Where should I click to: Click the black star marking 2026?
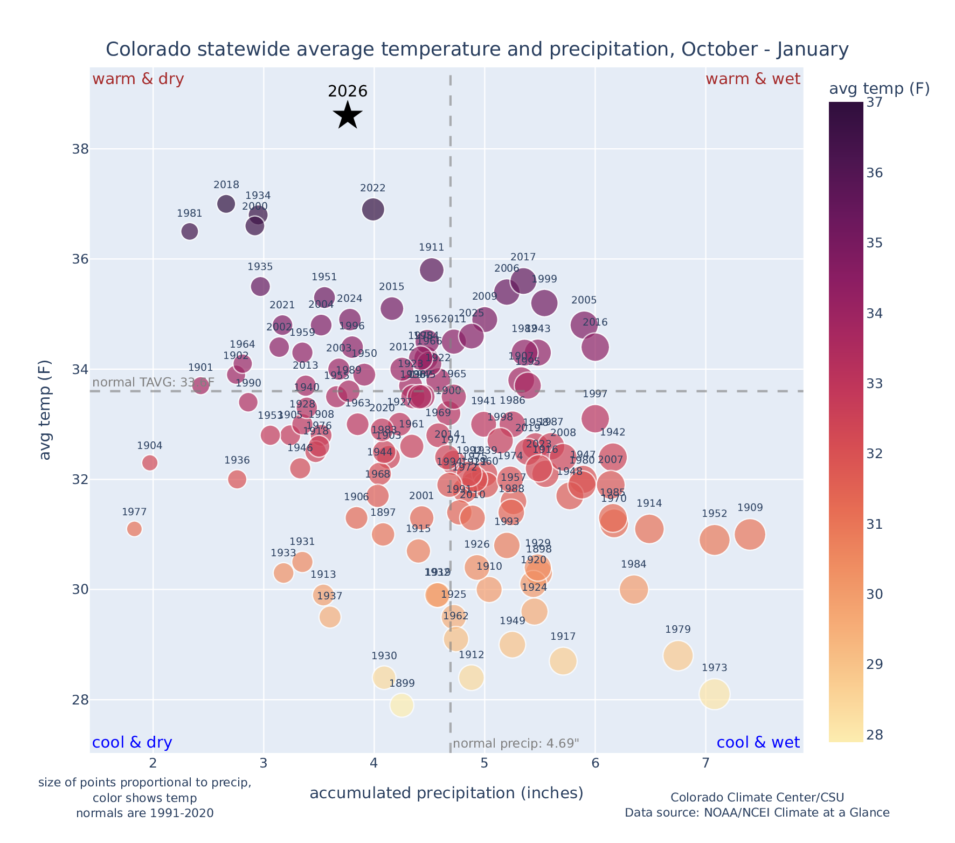coord(348,115)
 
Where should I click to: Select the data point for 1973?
coord(715,694)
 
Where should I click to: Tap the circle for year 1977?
coord(134,529)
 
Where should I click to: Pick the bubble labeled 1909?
coord(750,534)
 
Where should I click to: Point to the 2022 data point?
coord(373,209)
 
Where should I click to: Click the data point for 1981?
coord(189,231)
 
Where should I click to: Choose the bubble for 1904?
coord(150,462)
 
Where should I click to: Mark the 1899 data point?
coord(402,704)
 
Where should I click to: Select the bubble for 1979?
coord(678,655)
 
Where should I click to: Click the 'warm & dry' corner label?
coord(138,79)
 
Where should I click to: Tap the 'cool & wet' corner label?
coord(758,743)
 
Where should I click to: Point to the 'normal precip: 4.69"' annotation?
coord(516,744)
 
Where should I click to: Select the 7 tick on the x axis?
coord(705,763)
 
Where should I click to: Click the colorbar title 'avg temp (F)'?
coord(879,89)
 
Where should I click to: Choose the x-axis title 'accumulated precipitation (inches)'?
coord(446,793)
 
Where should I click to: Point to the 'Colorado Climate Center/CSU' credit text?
coord(757,797)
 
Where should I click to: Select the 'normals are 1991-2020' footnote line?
coord(144,813)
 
